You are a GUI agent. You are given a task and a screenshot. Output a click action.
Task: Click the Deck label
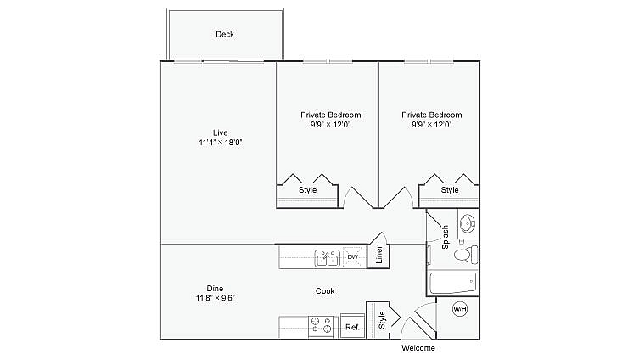[225, 34]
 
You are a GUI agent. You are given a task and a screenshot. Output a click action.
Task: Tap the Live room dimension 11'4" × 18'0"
[220, 143]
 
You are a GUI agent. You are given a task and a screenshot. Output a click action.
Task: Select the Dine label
[215, 287]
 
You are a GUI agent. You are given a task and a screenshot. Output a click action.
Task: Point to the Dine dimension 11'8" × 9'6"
[215, 298]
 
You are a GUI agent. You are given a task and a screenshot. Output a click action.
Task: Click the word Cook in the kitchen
[325, 291]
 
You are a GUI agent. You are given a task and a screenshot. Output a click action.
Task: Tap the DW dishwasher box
[352, 256]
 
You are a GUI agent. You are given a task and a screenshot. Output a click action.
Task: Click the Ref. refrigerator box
[351, 327]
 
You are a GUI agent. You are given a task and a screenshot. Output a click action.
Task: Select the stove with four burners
[322, 327]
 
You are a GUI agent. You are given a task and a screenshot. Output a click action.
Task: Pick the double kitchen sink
[327, 257]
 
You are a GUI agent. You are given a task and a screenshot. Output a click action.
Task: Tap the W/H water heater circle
[460, 309]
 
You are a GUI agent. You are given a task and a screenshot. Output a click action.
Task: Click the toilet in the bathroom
[464, 254]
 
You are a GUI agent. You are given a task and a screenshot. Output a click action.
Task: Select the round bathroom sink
[466, 224]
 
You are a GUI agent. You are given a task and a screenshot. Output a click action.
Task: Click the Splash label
[445, 237]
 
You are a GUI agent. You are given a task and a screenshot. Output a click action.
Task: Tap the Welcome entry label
[418, 348]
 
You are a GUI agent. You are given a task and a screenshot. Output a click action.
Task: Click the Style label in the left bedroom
[307, 190]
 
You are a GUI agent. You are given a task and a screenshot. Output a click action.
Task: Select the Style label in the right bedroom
[450, 190]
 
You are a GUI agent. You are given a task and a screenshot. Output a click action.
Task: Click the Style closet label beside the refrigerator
[382, 320]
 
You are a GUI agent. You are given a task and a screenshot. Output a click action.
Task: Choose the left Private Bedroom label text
[330, 115]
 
